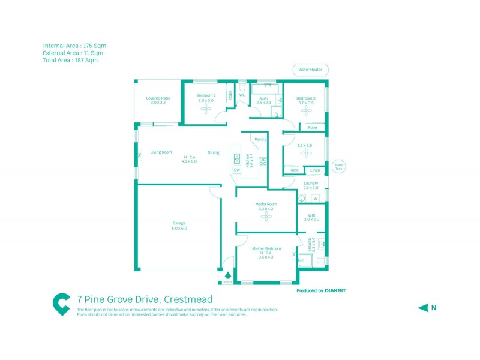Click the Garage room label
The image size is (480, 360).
coord(179,223)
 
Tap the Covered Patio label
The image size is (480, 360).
coord(158,98)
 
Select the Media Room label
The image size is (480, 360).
coord(266,205)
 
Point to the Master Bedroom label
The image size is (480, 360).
coord(266,248)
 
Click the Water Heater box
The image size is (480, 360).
coord(310,70)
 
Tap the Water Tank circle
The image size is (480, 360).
coord(338,166)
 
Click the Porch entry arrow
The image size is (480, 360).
coord(227,276)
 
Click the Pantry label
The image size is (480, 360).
coord(260,139)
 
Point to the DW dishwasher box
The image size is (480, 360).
coord(236,170)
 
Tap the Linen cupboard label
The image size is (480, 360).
coord(315,170)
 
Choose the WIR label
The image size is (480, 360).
coord(311,215)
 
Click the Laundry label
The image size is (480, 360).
coord(311,183)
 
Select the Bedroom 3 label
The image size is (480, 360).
coord(305,98)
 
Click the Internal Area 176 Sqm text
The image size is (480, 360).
coord(75,46)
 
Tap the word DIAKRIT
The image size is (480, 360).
coord(335,290)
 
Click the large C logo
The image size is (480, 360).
coord(61,304)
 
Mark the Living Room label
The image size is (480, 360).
coord(161,152)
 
